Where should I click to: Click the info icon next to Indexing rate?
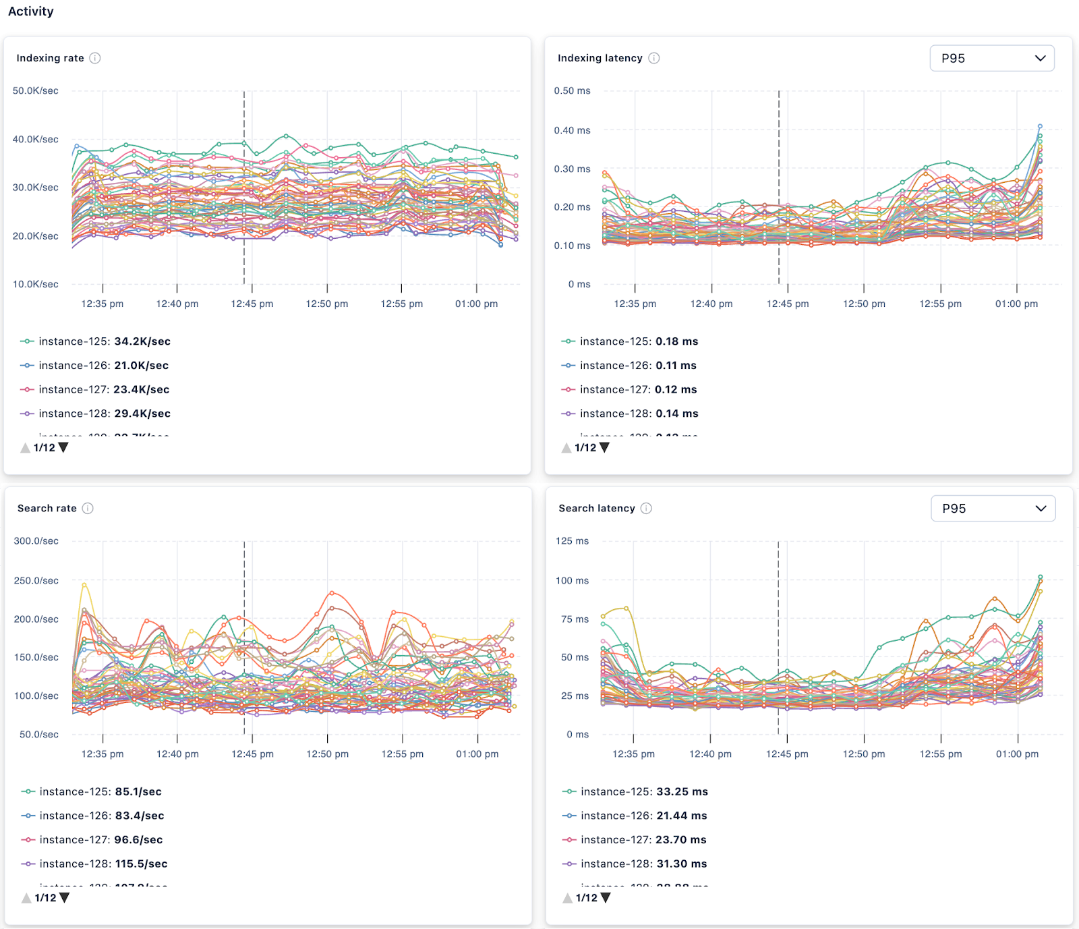95,58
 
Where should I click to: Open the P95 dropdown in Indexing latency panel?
991,58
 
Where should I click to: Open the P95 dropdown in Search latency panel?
993,509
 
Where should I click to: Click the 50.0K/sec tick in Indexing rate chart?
35,90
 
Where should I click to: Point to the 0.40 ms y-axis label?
572,130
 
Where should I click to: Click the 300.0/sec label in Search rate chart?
36,541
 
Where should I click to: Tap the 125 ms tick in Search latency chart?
572,541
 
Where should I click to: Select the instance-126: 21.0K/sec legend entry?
103,366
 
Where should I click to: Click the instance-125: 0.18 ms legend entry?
638,341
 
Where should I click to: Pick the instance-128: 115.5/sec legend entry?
103,864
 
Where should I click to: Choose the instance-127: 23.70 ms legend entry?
643,840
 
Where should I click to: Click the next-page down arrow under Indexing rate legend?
63,447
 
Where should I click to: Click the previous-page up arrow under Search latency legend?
567,898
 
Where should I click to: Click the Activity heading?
30,11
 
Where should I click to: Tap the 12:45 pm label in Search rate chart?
252,754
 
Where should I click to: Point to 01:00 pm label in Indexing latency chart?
1016,304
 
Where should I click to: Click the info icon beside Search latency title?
646,509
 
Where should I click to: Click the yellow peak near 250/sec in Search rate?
84,584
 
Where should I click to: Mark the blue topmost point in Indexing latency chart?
1040,126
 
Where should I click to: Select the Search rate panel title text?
47,509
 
